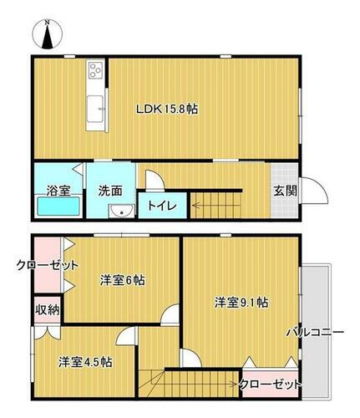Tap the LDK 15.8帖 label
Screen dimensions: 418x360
168,108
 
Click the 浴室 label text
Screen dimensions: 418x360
57,190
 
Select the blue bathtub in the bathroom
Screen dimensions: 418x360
57,207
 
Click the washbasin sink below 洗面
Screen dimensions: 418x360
122,210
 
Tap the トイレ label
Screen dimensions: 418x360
160,204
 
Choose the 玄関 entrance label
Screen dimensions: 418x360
283,190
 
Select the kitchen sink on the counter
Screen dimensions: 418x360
95,106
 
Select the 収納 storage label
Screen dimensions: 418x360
48,309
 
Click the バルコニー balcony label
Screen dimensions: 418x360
316,332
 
